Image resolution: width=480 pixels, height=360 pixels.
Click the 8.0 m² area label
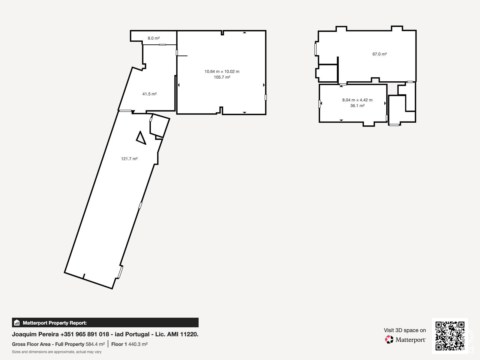tap(154, 38)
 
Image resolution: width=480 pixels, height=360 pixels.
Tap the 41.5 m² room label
tap(149, 94)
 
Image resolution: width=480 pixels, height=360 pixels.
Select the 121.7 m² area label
tap(129, 159)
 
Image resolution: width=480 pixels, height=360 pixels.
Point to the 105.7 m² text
tap(222, 77)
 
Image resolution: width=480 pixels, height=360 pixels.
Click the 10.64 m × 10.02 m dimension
tap(222, 71)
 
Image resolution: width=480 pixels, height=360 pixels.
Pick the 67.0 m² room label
tap(379, 54)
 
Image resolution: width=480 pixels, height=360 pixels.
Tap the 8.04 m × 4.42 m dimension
tap(357, 100)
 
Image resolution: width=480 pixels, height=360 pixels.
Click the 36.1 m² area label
tap(357, 106)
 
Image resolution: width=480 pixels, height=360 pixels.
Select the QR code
tap(450, 336)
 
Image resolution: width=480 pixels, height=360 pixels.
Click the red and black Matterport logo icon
tap(389, 340)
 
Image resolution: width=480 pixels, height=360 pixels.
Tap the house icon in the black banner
tap(17, 322)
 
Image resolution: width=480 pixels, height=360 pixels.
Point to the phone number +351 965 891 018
tap(85, 334)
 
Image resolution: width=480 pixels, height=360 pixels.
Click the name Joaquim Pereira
tap(35, 334)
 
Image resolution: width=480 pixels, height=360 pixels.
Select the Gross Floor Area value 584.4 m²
tap(95, 344)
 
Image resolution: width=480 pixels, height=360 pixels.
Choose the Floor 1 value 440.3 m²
tap(138, 344)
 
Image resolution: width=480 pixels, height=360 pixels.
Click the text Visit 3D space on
tap(405, 330)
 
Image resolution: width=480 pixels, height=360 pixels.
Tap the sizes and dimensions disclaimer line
tap(57, 352)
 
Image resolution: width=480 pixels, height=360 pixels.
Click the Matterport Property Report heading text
tap(55, 323)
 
